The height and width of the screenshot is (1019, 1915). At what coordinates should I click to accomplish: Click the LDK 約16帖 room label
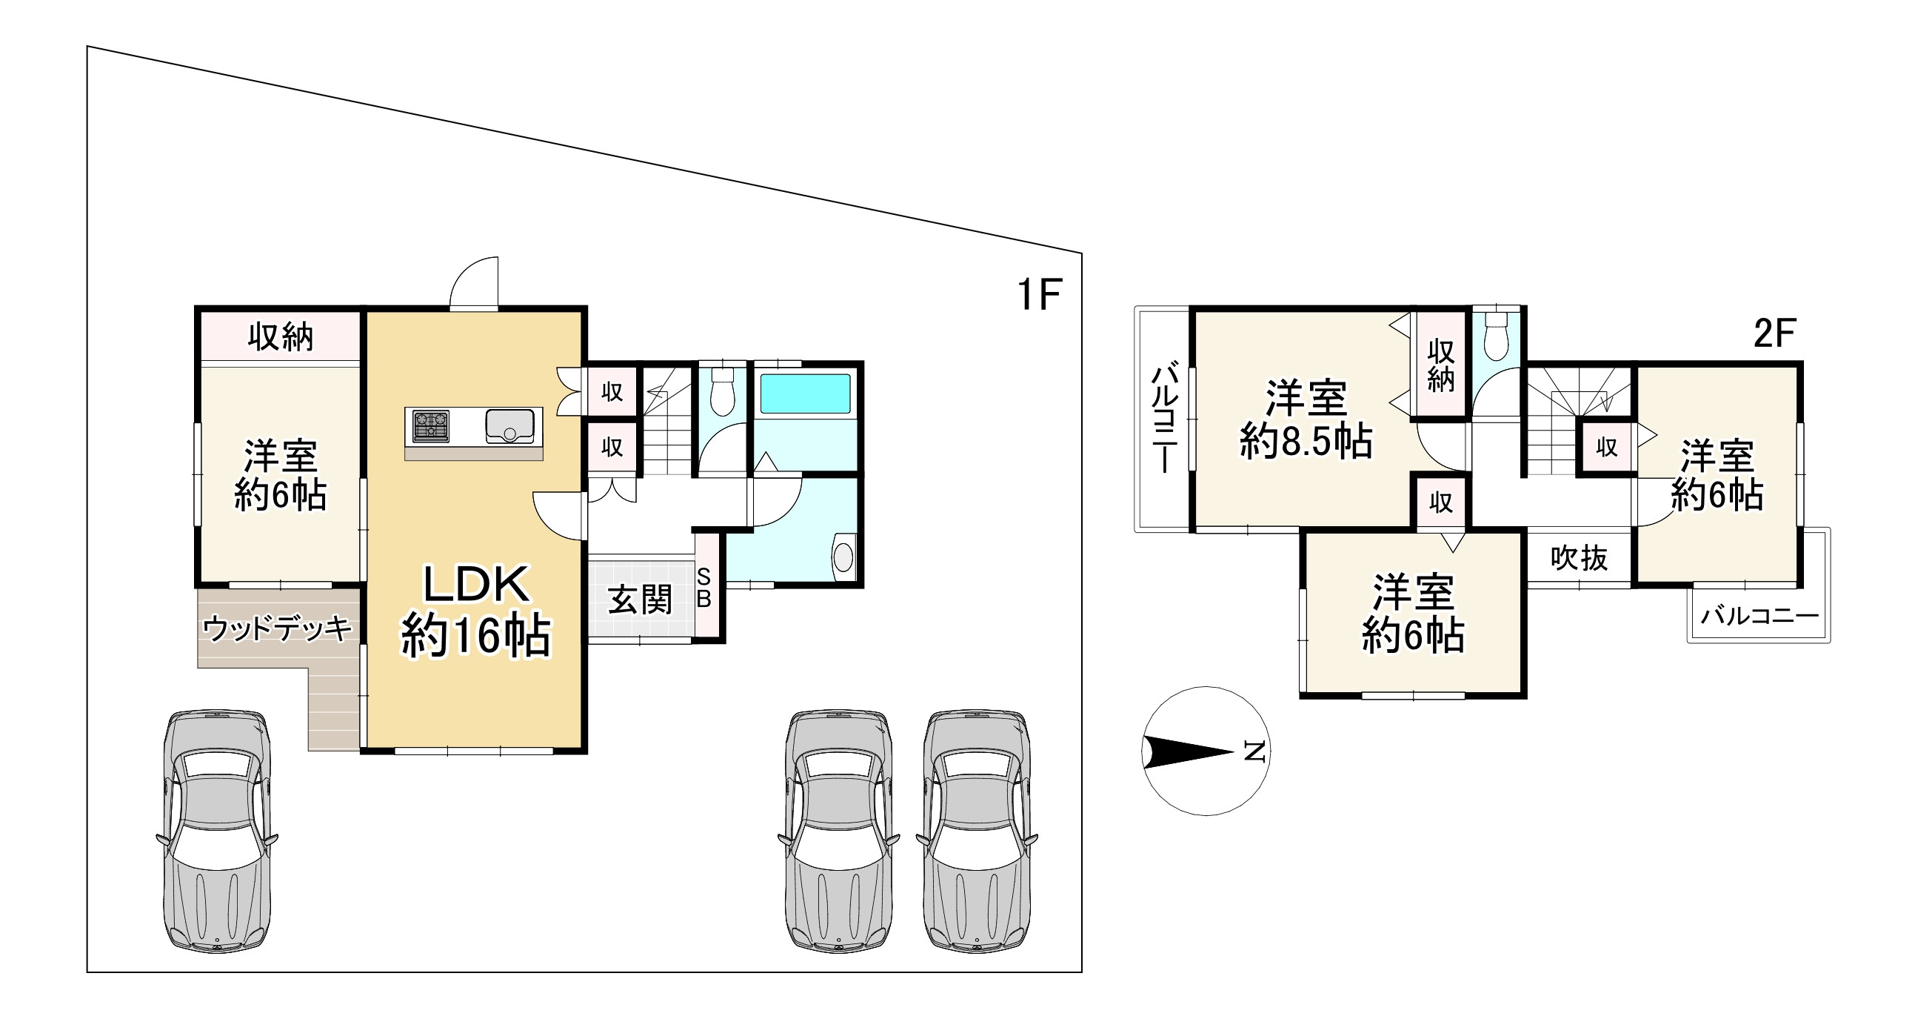click(x=475, y=610)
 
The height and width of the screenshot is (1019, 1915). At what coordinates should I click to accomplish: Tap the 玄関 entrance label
click(x=640, y=600)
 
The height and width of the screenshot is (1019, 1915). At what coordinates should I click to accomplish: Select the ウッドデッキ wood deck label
click(x=277, y=629)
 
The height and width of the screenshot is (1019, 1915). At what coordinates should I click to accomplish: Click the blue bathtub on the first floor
click(x=805, y=394)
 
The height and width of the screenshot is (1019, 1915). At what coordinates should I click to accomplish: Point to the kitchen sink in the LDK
click(x=509, y=426)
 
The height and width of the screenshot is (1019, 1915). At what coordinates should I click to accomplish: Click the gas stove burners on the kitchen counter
click(x=430, y=426)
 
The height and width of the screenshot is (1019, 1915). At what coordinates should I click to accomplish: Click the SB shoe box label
click(x=704, y=588)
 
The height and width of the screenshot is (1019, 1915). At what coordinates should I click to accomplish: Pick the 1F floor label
click(x=1039, y=293)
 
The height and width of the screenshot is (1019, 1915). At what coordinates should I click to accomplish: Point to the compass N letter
click(x=1255, y=752)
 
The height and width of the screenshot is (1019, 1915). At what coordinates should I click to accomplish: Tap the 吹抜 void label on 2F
click(x=1579, y=558)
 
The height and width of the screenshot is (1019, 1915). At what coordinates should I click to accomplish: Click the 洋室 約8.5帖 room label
click(x=1306, y=419)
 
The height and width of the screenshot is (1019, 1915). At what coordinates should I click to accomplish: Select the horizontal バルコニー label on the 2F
click(x=1759, y=616)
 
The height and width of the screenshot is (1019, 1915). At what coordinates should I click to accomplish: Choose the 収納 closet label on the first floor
click(x=280, y=337)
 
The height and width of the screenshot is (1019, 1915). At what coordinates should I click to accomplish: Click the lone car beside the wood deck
click(x=216, y=830)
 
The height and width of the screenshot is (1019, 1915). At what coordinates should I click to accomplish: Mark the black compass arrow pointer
click(x=1188, y=751)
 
